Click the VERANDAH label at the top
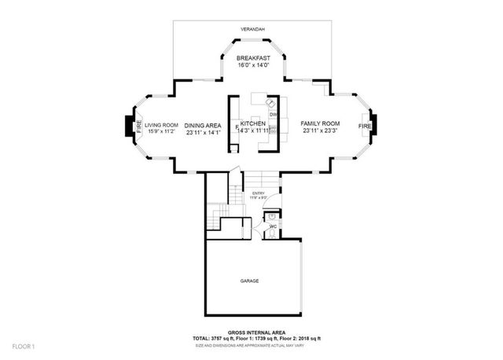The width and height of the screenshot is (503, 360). (253, 30)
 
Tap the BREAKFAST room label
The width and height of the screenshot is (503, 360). (253, 58)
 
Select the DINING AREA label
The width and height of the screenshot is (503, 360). (202, 124)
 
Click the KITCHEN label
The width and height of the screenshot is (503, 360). (253, 124)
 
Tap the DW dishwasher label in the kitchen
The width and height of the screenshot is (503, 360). (273, 116)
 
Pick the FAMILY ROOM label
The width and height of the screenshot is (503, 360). (320, 124)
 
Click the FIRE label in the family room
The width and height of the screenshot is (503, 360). (364, 126)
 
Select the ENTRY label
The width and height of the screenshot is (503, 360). (258, 193)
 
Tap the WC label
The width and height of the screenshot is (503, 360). (273, 227)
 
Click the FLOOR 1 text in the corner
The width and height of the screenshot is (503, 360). (23, 347)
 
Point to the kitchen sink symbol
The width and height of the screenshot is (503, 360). (270, 102)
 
